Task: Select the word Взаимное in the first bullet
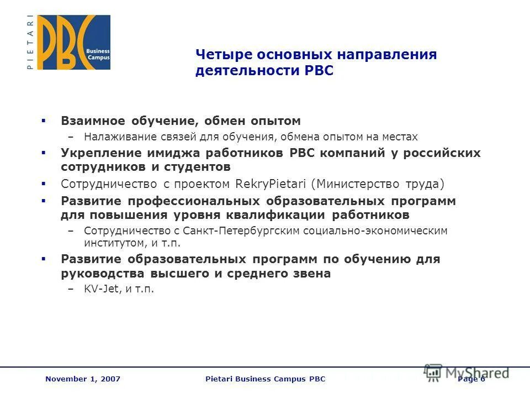[92, 121]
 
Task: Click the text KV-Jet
[101, 289]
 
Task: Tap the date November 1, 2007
[83, 379]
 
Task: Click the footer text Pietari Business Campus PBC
[265, 379]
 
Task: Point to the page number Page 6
[471, 379]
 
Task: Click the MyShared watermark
[467, 373]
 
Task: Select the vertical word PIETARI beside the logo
[29, 43]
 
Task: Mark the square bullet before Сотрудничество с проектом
[44, 184]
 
